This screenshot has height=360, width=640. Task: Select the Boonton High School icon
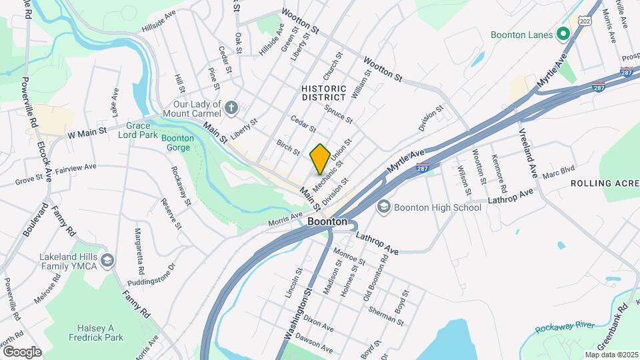384,207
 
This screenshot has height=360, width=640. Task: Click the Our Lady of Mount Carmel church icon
231,107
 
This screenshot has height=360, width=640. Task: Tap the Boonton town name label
327,222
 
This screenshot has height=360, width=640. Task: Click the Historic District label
324,93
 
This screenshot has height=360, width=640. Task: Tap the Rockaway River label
565,326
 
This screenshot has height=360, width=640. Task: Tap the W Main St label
87,133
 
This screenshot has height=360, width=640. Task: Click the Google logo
21,351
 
